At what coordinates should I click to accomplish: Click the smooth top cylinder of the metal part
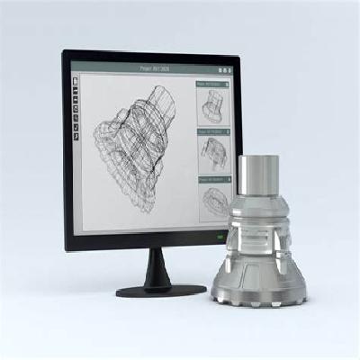(x=258, y=175)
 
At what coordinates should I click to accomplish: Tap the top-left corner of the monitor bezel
(x=66, y=55)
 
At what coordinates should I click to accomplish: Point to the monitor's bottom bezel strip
(x=144, y=241)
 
